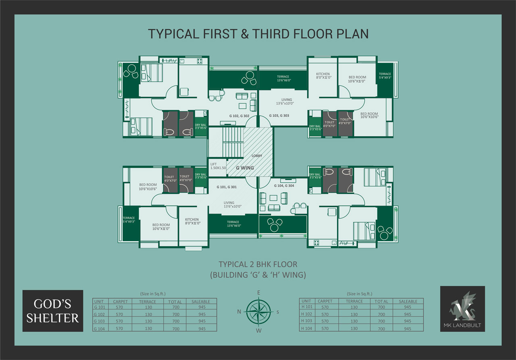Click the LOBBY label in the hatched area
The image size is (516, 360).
pyautogui.click(x=257, y=156)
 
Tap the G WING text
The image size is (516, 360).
pyautogui.click(x=245, y=168)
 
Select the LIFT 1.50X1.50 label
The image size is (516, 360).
pyautogui.click(x=218, y=166)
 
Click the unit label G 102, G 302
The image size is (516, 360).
pyautogui.click(x=239, y=116)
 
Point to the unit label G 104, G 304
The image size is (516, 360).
pyautogui.click(x=284, y=185)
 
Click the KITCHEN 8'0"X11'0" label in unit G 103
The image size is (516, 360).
pyautogui.click(x=323, y=76)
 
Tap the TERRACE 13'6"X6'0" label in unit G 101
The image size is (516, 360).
pyautogui.click(x=234, y=224)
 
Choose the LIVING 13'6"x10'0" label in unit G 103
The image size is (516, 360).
pyautogui.click(x=285, y=102)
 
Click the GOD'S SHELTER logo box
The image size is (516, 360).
pyautogui.click(x=53, y=311)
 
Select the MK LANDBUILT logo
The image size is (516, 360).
pyautogui.click(x=462, y=309)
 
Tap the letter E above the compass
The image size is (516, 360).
pyautogui.click(x=259, y=293)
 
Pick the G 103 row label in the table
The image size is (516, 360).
pyautogui.click(x=99, y=321)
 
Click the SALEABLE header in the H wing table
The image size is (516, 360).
pyautogui.click(x=408, y=301)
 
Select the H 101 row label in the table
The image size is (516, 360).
pyautogui.click(x=307, y=307)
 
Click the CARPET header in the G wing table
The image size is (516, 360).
pyautogui.click(x=120, y=302)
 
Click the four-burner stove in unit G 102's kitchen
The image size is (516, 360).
pyautogui.click(x=200, y=61)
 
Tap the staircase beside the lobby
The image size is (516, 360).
pyautogui.click(x=233, y=143)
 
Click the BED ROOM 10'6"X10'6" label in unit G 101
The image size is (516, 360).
pyautogui.click(x=148, y=187)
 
